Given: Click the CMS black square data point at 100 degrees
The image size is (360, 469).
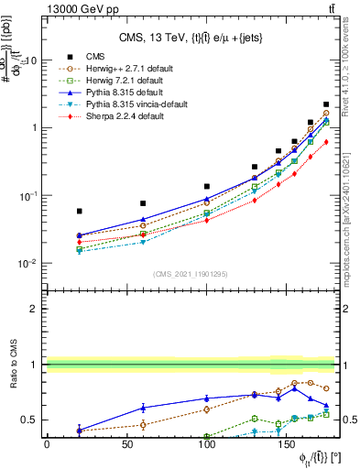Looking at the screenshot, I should (x=207, y=186).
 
